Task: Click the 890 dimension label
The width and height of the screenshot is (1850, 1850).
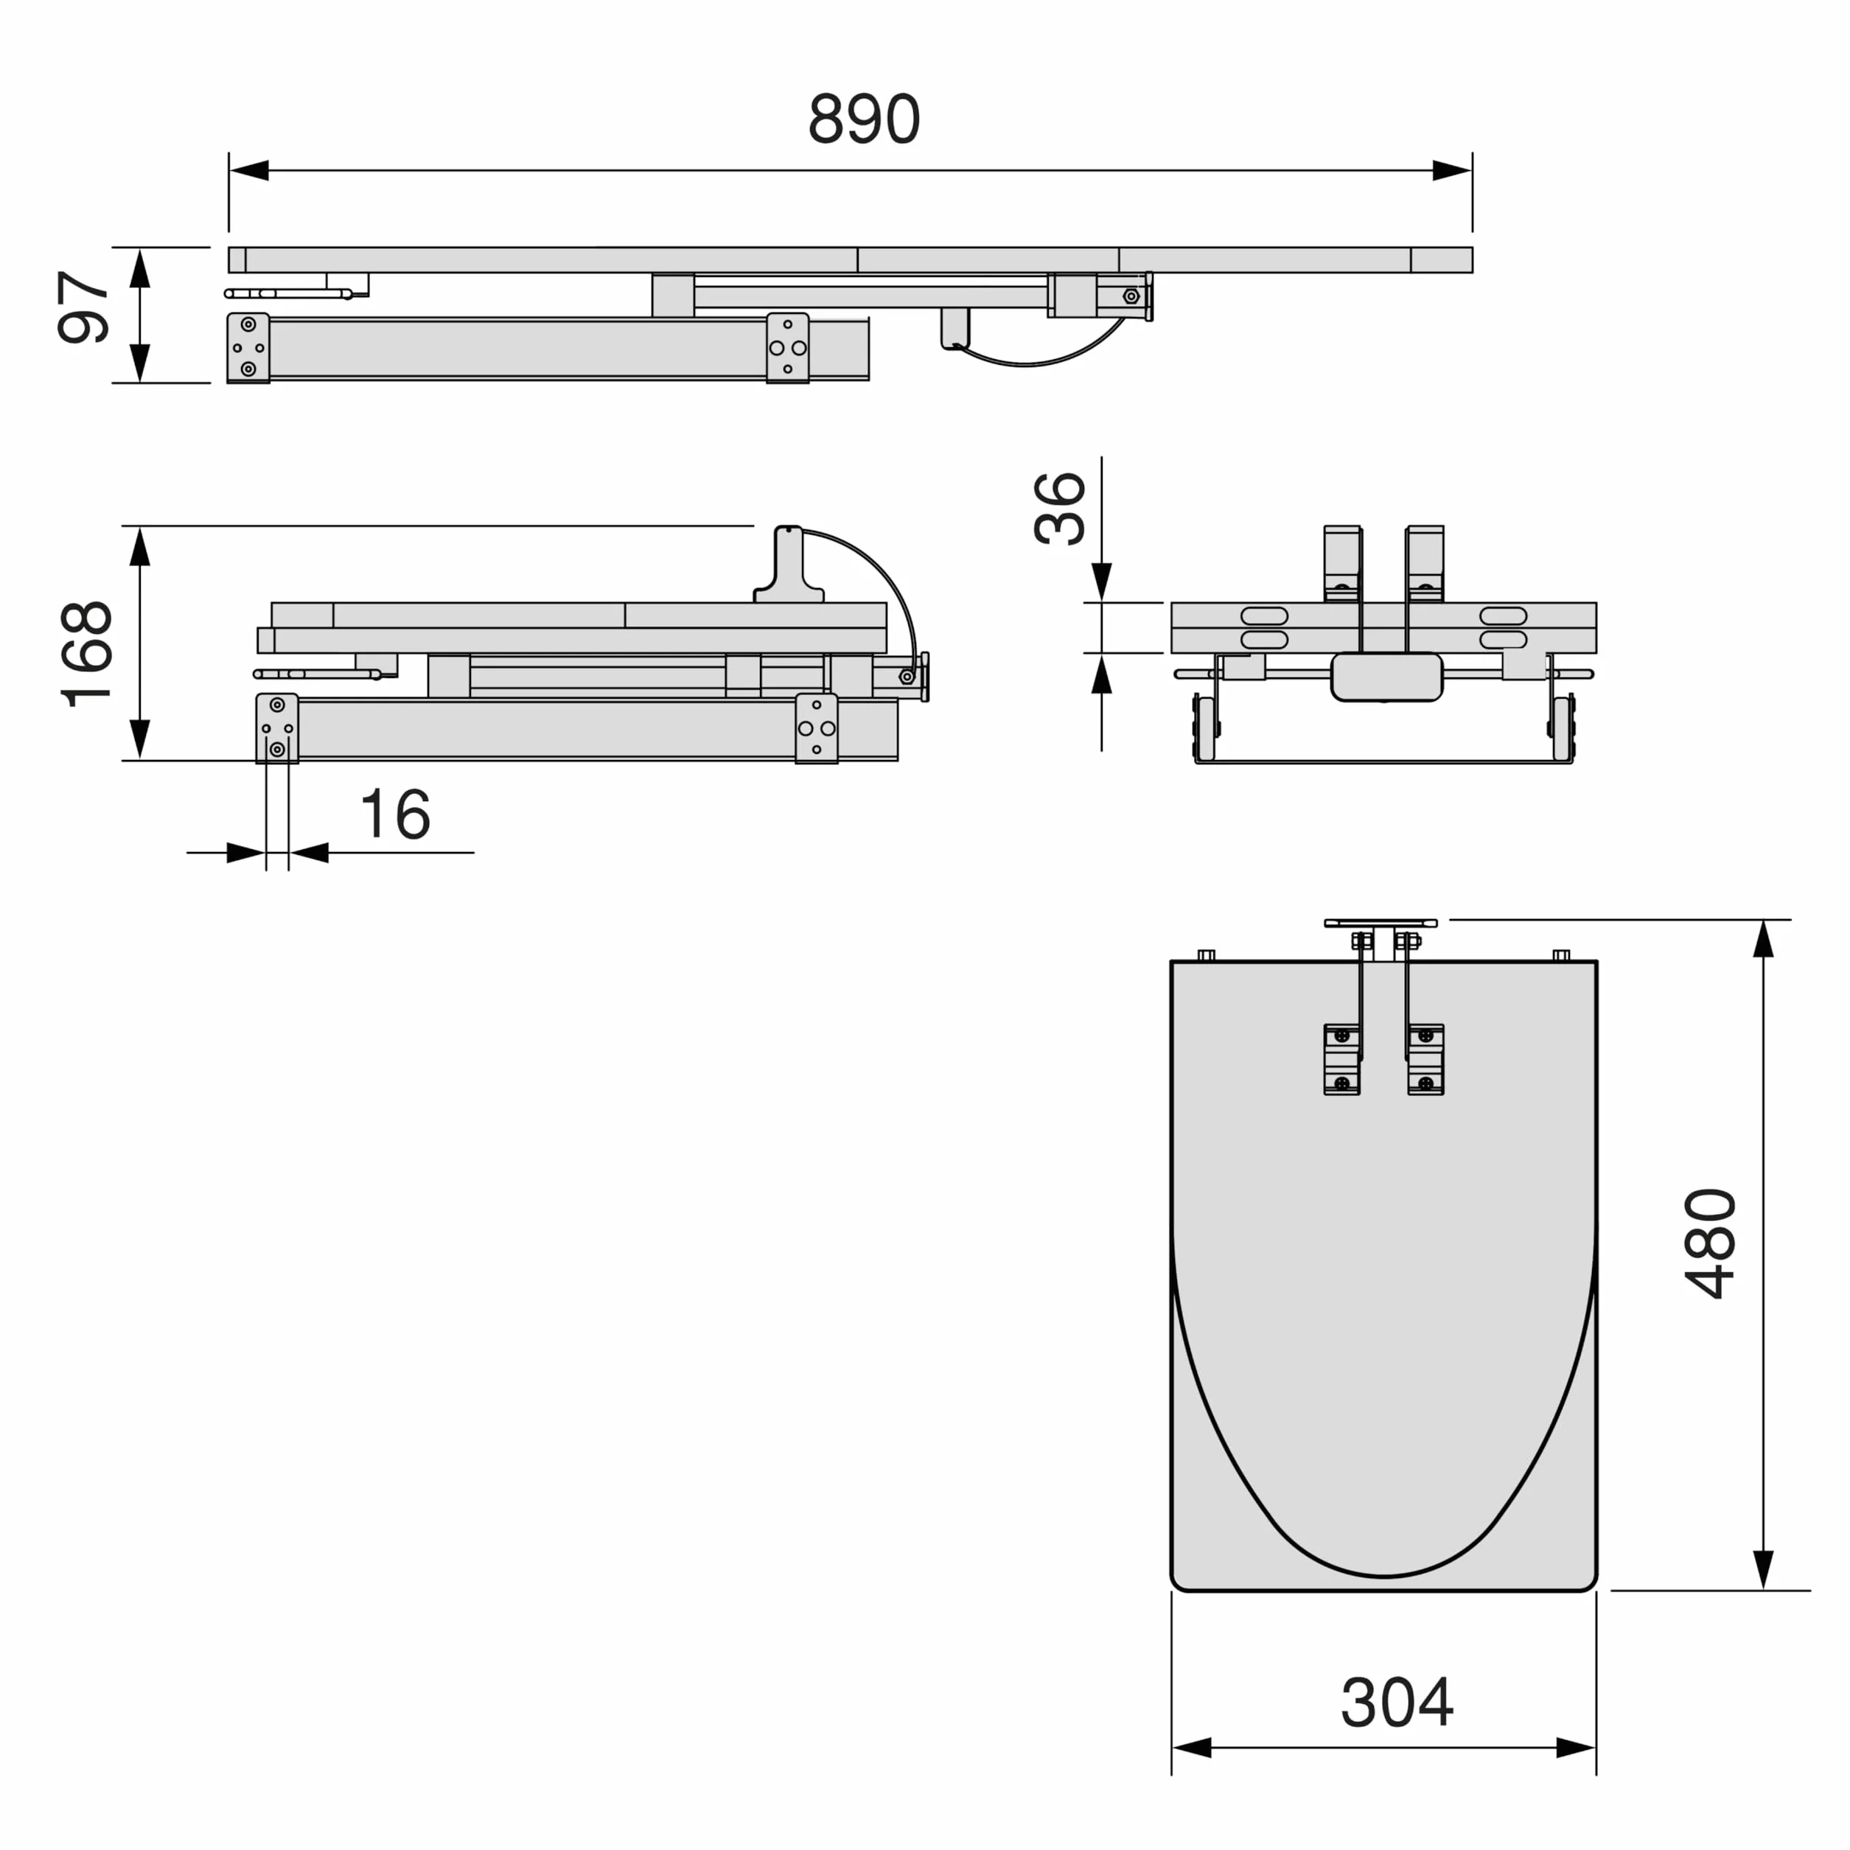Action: pyautogui.click(x=864, y=119)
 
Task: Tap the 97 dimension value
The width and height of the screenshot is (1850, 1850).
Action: pyautogui.click(x=84, y=307)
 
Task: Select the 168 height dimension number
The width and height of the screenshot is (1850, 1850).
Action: pyautogui.click(x=86, y=654)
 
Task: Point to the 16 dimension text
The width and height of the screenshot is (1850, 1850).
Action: pyautogui.click(x=394, y=815)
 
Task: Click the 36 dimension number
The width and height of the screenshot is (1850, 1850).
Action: pyautogui.click(x=1060, y=509)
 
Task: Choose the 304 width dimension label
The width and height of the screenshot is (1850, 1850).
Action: pyautogui.click(x=1397, y=1703)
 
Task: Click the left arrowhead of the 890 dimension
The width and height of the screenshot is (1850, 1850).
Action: pyautogui.click(x=249, y=170)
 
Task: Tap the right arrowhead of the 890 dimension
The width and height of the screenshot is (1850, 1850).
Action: pyautogui.click(x=1452, y=170)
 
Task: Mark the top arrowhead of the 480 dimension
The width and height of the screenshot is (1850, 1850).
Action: pyautogui.click(x=1764, y=938)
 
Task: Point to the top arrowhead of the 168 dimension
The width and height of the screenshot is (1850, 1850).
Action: pyautogui.click(x=140, y=546)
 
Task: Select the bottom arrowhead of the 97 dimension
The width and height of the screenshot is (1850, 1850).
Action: pyautogui.click(x=140, y=363)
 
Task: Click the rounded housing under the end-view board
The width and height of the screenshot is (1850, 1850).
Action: pyautogui.click(x=1386, y=677)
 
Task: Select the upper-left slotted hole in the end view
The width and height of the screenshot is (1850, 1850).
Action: pyautogui.click(x=1264, y=615)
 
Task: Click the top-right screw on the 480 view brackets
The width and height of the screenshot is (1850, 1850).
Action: pyautogui.click(x=1425, y=1036)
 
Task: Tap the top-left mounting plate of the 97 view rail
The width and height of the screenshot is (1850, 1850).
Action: pyautogui.click(x=248, y=349)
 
